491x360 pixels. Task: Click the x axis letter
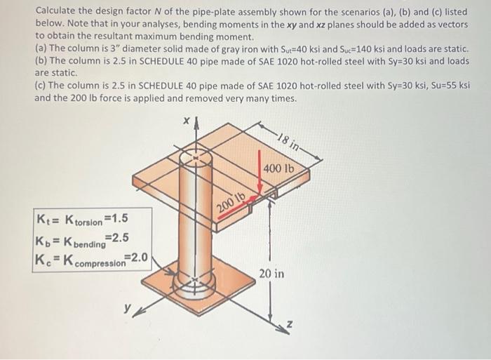click(187, 121)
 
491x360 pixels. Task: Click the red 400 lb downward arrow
click(260, 173)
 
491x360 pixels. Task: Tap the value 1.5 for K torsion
click(116, 218)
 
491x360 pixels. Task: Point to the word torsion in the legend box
click(88, 223)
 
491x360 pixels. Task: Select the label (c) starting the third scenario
click(41, 85)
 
